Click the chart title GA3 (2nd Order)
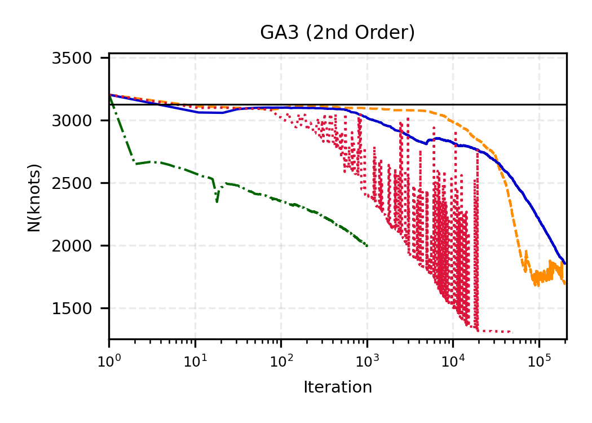[337, 33]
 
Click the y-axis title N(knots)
[34, 197]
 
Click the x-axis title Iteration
[337, 387]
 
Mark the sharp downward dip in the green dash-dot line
[217, 202]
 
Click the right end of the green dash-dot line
[367, 246]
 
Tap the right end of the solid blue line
[565, 263]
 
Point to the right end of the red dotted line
[511, 332]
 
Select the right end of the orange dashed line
[565, 284]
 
